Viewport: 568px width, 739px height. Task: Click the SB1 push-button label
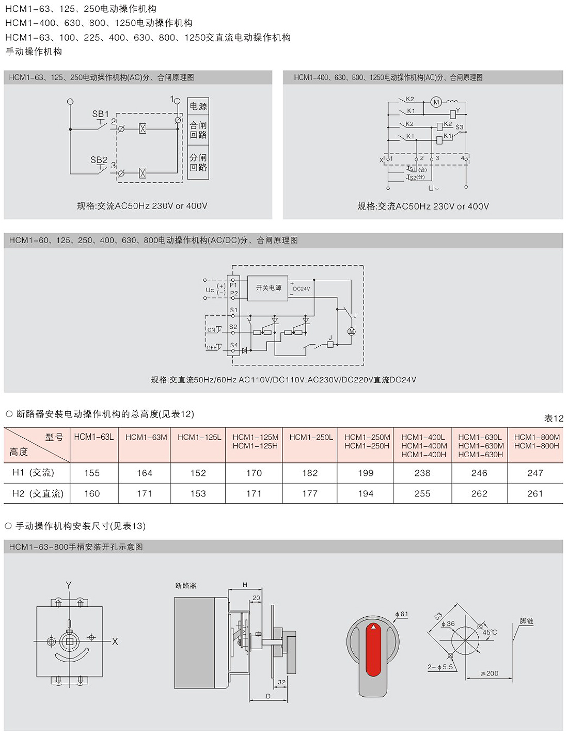click(100, 114)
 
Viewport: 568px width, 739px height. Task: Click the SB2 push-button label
click(99, 159)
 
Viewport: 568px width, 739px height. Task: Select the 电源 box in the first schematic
click(198, 106)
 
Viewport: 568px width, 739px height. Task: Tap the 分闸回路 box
click(198, 162)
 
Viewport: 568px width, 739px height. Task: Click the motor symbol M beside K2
click(436, 102)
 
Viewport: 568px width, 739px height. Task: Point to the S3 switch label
click(459, 127)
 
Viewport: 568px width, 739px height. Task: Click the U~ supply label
click(433, 188)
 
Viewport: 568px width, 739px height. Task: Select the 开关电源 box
click(267, 288)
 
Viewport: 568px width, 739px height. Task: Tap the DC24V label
click(302, 288)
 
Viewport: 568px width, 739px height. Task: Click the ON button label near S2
click(211, 330)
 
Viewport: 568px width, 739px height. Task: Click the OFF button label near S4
click(212, 347)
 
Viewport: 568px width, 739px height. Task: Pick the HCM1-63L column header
click(94, 437)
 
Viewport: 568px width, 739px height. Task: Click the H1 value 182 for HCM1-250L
click(310, 473)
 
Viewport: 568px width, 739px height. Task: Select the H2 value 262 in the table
click(479, 493)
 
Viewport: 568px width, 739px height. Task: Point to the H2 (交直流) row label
click(38, 493)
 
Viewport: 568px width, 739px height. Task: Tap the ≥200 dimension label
click(490, 673)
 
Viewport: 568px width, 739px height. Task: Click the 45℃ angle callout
click(490, 632)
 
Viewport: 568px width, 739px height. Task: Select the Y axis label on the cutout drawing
click(69, 585)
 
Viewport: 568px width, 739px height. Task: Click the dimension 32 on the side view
click(281, 682)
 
